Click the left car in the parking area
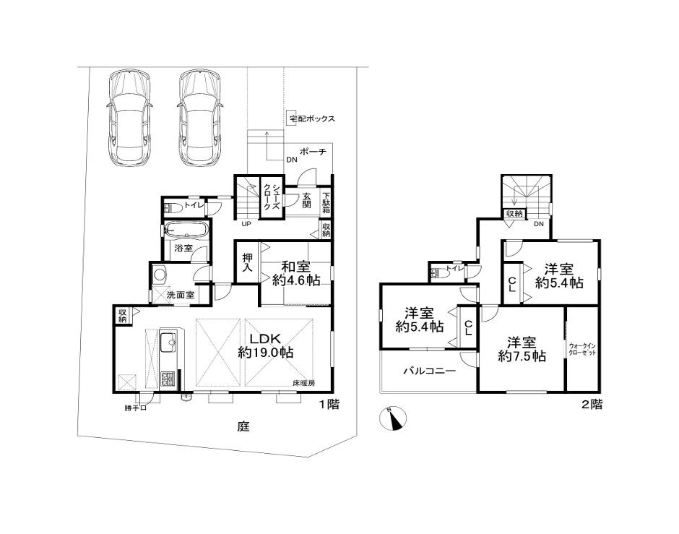pyautogui.click(x=129, y=118)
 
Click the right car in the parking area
pyautogui.click(x=200, y=118)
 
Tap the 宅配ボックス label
pyautogui.click(x=312, y=119)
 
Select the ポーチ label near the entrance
pyautogui.click(x=313, y=152)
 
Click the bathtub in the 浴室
pyautogui.click(x=186, y=230)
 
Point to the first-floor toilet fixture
pyautogui.click(x=173, y=207)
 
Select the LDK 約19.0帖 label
pyautogui.click(x=265, y=345)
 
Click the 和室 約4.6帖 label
pyautogui.click(x=295, y=273)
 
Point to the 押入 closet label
pyautogui.click(x=247, y=262)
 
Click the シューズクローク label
pyautogui.click(x=272, y=197)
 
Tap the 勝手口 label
pyautogui.click(x=136, y=408)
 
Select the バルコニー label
pyautogui.click(x=429, y=371)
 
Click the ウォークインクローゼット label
pyautogui.click(x=582, y=349)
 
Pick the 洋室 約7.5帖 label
pyautogui.click(x=522, y=349)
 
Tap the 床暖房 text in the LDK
pyautogui.click(x=303, y=383)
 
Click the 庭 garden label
pyautogui.click(x=243, y=426)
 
